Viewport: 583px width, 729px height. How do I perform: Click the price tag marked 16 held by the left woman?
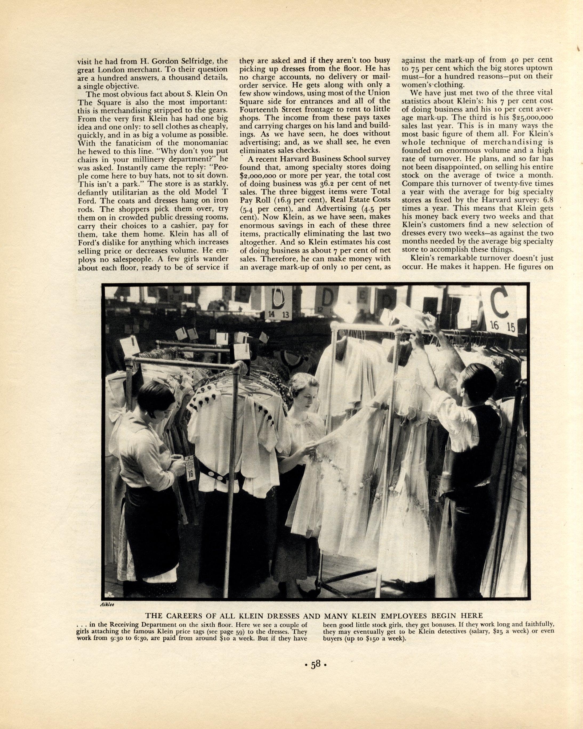click(x=190, y=474)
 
